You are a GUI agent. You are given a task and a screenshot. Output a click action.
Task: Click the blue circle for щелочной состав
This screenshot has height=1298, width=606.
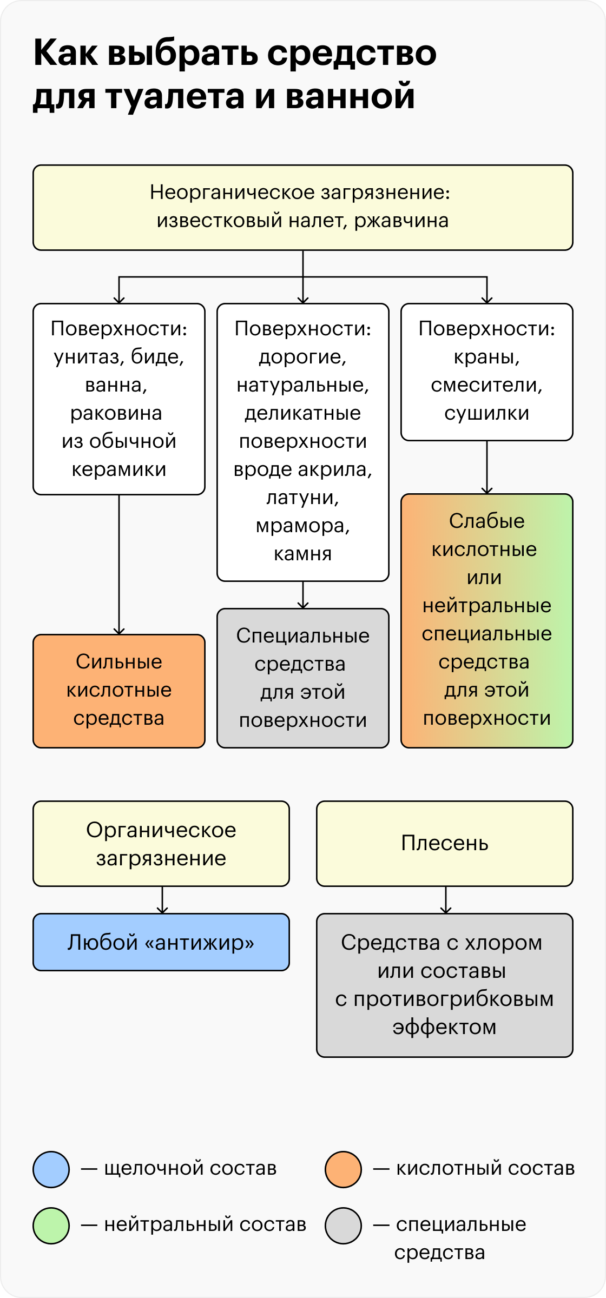[x=51, y=1169]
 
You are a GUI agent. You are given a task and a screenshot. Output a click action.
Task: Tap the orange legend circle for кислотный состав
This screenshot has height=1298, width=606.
[x=343, y=1169]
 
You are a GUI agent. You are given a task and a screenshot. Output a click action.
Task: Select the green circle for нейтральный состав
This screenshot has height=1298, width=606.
[x=51, y=1226]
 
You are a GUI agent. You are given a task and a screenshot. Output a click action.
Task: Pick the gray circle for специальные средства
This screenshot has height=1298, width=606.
[x=343, y=1226]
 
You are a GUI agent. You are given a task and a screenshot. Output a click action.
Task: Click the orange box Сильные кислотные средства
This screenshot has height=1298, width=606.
[x=119, y=691]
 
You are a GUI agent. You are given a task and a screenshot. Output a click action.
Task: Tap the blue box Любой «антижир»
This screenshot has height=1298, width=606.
[x=161, y=942]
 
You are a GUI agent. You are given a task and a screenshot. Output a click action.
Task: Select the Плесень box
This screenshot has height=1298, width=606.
[x=445, y=844]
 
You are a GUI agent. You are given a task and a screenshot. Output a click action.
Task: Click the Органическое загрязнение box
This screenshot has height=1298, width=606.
[x=161, y=844]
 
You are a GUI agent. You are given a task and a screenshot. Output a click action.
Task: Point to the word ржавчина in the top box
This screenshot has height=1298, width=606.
[x=401, y=221]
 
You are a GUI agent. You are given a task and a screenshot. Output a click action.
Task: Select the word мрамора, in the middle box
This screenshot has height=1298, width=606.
[x=303, y=526]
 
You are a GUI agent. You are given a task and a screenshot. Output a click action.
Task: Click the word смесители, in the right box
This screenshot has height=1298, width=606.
[x=487, y=385]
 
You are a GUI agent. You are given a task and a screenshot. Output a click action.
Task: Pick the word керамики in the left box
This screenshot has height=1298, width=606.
[x=119, y=469]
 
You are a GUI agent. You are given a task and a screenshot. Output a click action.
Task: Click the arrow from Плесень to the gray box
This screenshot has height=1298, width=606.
[x=445, y=900]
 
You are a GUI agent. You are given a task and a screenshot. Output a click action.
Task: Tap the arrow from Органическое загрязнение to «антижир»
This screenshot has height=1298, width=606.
[x=162, y=900]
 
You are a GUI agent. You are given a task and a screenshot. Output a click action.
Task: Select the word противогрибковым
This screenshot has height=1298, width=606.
[x=454, y=999]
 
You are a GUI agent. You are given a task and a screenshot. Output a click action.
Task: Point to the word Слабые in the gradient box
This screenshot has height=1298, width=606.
[x=487, y=521]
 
